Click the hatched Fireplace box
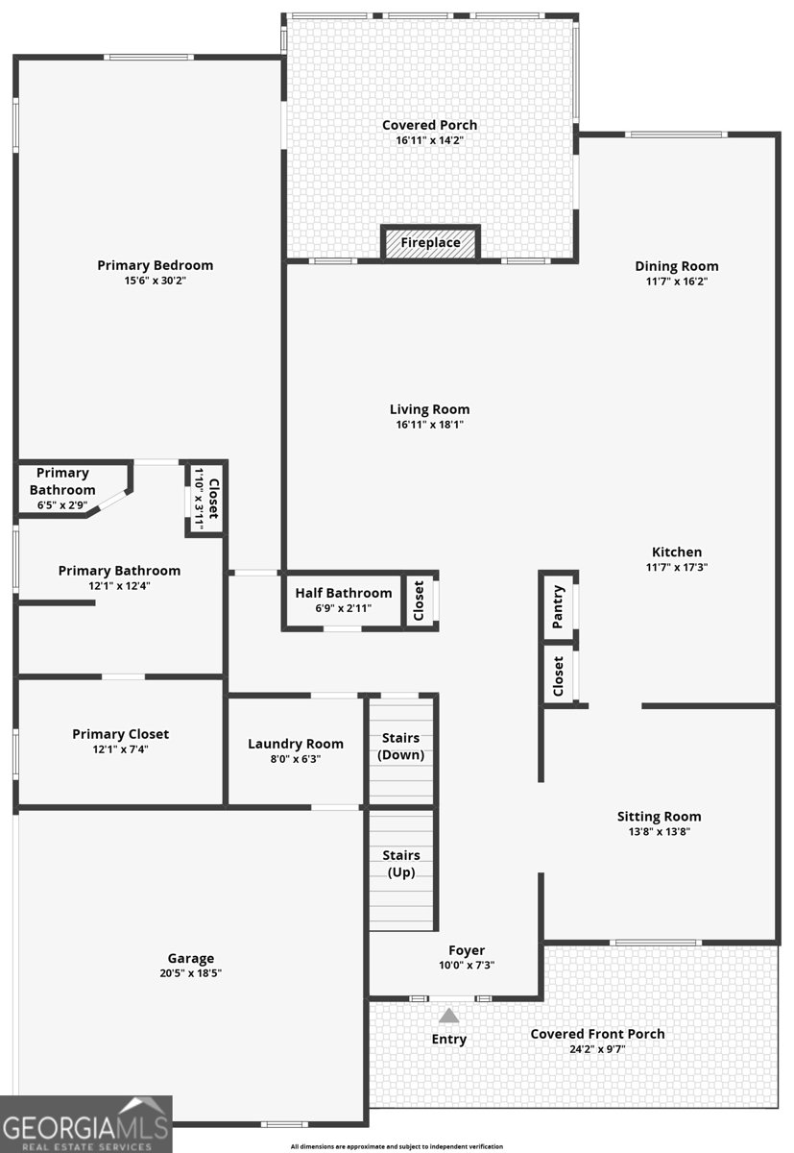[430, 242]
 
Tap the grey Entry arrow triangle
[448, 1016]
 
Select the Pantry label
[557, 606]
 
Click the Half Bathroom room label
[344, 593]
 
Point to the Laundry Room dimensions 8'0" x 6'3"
[296, 759]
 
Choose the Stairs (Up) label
[401, 863]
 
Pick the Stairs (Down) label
[401, 747]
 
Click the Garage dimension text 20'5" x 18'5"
[191, 972]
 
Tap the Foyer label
[467, 950]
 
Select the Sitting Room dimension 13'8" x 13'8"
[660, 831]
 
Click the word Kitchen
[677, 552]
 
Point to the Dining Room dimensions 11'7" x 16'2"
[677, 281]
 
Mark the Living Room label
[430, 409]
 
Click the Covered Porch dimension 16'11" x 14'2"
[430, 140]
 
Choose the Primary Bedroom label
[156, 265]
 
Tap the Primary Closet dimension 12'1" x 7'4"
[120, 748]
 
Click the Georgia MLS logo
[85, 1125]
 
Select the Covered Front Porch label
[597, 1034]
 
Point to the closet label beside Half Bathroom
[419, 601]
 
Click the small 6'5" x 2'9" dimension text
[62, 505]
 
